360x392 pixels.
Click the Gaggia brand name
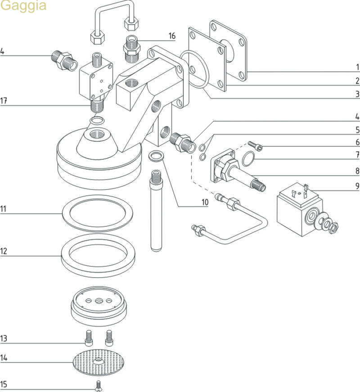pyautogui.click(x=23, y=6)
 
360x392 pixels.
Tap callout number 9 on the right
pyautogui.click(x=357, y=185)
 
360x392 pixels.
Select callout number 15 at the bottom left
pyautogui.click(x=4, y=385)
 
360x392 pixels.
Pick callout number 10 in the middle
pyautogui.click(x=205, y=202)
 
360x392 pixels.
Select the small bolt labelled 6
pyautogui.click(x=255, y=146)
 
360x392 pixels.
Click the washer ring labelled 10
pyautogui.click(x=156, y=156)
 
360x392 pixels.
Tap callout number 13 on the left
pyautogui.click(x=4, y=338)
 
